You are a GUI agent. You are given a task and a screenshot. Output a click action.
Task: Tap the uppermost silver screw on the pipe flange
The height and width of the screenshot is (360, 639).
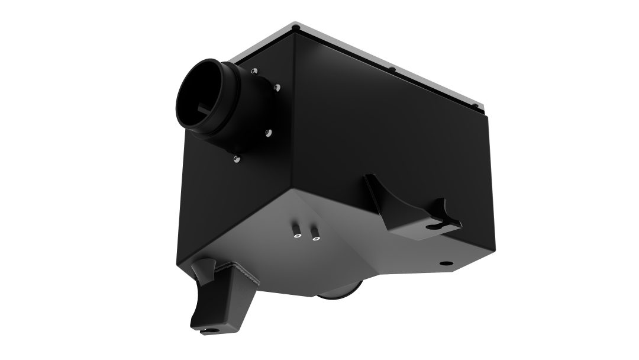click(255, 71)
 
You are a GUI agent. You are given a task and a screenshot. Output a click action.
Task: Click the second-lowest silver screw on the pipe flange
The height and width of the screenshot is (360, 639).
click(267, 133)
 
